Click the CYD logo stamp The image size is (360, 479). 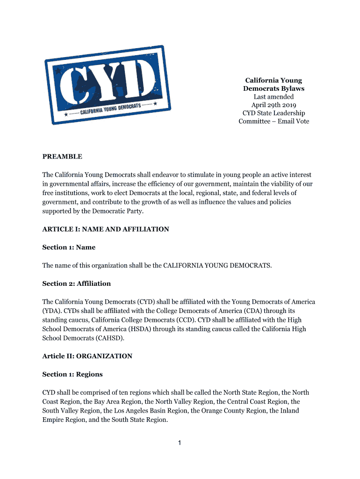107,85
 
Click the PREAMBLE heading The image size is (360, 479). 62,157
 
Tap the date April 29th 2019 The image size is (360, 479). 274,105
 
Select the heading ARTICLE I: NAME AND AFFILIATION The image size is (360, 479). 106,229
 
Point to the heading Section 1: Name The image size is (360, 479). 69,247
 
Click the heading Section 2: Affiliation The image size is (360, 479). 77,283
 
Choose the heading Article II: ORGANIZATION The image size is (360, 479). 87,356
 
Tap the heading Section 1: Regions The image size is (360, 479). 72,374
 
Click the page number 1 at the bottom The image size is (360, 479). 180,443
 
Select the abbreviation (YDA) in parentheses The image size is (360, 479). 52,311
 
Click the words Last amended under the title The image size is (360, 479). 274,97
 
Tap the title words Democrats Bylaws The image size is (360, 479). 274,88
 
